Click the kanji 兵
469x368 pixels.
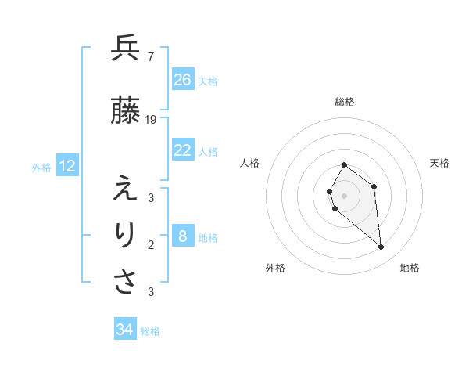126,49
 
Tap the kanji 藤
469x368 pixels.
126,112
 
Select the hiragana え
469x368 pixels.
126,189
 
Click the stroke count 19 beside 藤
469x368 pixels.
151,120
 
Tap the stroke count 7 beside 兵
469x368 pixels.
150,57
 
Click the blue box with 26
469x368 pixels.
183,80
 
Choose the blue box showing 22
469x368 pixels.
183,150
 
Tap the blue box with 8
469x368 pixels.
183,236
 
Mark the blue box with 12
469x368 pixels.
67,166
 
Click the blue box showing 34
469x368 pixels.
125,330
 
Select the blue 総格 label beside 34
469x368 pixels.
150,331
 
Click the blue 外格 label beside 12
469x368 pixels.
41,167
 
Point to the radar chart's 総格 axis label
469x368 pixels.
345,102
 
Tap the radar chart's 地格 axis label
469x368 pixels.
410,269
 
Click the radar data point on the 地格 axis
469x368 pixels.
381,247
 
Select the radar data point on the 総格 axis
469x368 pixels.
345,164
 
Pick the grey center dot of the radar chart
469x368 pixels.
345,195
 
